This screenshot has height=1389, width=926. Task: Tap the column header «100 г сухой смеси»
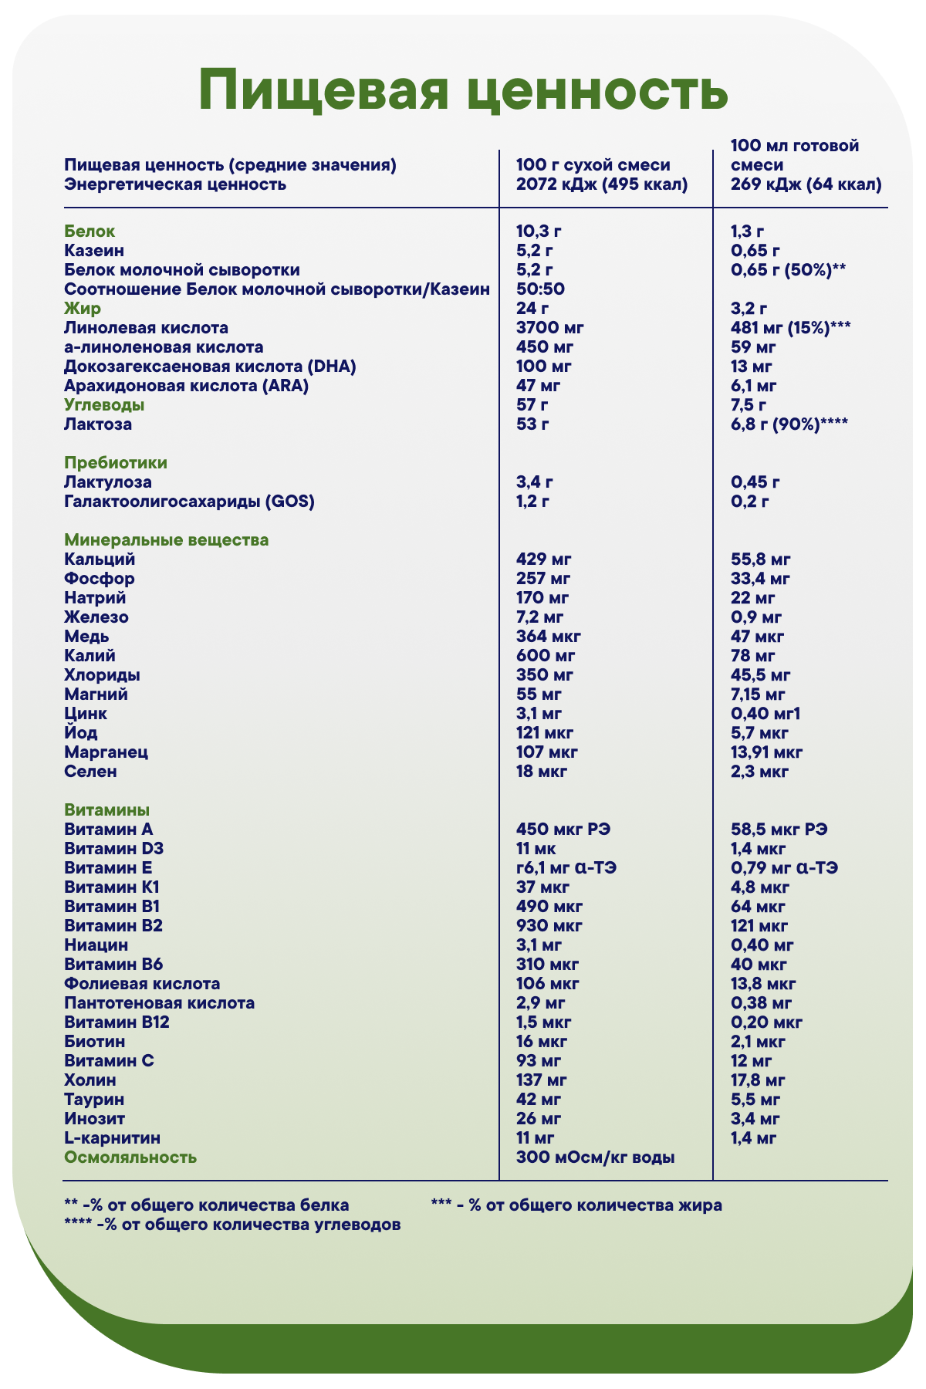593,164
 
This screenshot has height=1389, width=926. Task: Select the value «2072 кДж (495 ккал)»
601,184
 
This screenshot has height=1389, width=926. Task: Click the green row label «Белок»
90,231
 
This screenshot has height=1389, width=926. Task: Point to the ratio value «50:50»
540,289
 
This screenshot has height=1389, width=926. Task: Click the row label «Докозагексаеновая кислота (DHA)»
210,367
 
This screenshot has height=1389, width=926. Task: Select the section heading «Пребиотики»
116,463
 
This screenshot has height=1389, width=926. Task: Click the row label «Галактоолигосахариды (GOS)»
190,502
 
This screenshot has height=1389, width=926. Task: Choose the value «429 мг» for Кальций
543,559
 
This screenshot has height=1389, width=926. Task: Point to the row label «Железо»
96,617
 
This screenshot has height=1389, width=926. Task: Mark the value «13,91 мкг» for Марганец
766,752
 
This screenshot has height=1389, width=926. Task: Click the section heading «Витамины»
107,810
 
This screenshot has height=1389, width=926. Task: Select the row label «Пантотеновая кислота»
160,1003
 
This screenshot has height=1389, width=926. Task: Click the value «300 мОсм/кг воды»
595,1157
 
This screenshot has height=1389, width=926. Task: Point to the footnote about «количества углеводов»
232,1225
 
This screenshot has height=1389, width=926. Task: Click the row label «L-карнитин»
113,1138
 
